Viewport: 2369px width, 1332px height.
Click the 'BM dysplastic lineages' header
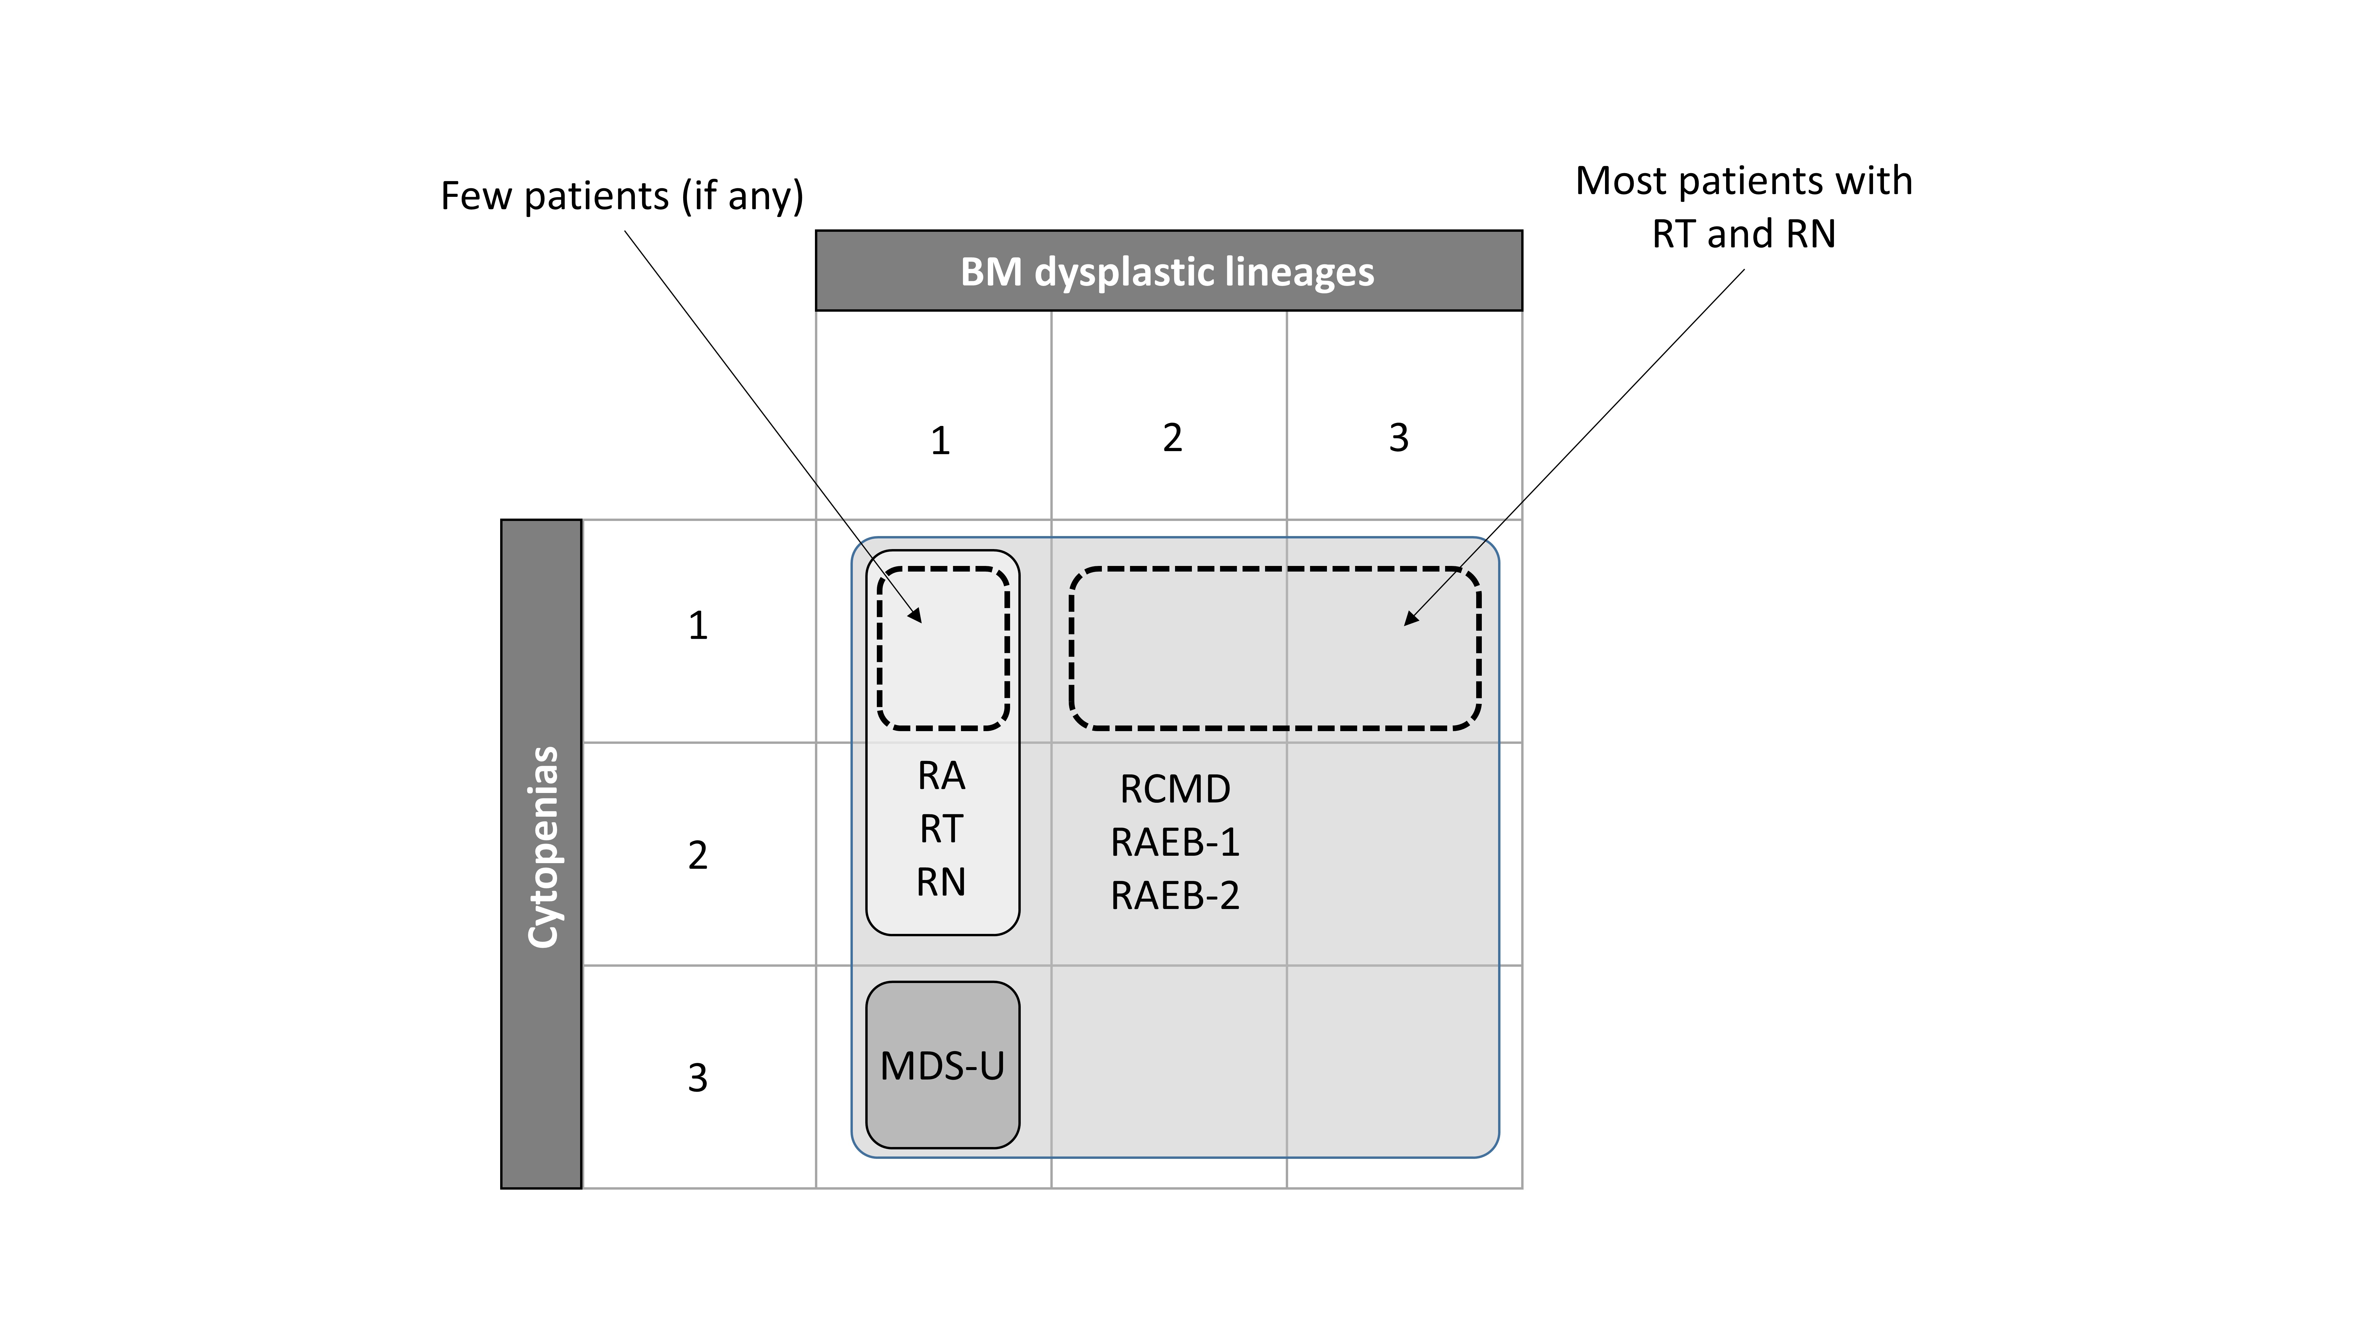[1168, 271]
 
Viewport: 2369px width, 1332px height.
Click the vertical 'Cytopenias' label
[542, 847]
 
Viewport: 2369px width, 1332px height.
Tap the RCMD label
[1174, 789]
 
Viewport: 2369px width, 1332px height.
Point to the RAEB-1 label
[1174, 842]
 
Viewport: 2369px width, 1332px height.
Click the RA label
[941, 776]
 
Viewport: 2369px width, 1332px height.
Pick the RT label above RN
[941, 829]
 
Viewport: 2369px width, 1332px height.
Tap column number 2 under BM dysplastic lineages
[1172, 437]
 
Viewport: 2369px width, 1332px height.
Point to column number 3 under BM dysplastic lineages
[1398, 437]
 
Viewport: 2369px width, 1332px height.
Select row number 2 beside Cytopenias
[698, 855]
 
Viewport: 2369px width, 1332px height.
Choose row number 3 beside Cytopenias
[698, 1077]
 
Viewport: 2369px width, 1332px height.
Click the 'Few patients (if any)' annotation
[622, 196]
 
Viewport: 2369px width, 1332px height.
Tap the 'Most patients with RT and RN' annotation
[1744, 207]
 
